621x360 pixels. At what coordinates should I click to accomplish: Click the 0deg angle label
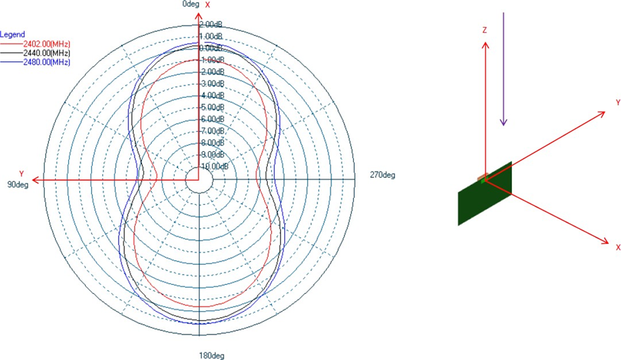click(191, 4)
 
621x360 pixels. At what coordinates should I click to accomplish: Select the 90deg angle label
click(17, 184)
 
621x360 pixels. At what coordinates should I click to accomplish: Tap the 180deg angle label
click(212, 356)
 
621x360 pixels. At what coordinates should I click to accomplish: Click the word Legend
click(13, 34)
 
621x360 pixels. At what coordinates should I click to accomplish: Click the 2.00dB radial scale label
click(210, 24)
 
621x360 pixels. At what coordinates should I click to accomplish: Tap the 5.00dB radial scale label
click(210, 108)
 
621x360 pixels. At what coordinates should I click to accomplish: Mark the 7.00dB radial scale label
click(210, 131)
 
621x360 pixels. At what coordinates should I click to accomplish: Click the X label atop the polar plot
click(207, 5)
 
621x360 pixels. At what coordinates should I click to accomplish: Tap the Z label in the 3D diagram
click(485, 31)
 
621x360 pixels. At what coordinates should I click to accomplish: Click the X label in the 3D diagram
click(618, 247)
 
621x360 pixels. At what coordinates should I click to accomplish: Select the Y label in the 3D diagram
click(618, 102)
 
